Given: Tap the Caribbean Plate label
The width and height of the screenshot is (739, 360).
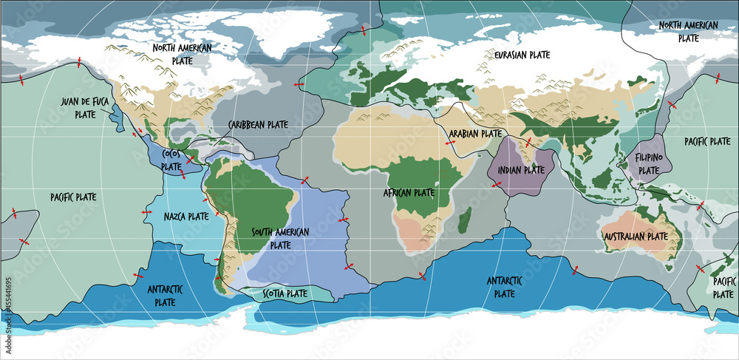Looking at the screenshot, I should pos(258,124).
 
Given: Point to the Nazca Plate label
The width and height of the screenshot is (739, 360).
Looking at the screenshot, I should pos(187,217).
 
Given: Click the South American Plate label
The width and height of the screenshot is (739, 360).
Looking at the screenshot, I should pos(280,238).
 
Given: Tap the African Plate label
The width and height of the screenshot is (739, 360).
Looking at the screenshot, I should pos(409,192).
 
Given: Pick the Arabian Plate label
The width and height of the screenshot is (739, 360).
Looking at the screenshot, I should pos(475,135).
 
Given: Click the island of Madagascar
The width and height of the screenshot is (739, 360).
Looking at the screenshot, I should pos(466,219).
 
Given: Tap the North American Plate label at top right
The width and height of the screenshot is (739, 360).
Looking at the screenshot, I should pos(688,31).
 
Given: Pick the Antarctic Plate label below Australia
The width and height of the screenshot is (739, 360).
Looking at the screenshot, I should pos(504,287).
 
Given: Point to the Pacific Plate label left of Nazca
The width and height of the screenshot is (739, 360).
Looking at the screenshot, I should pos(74,197).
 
